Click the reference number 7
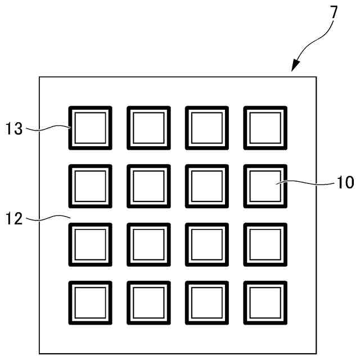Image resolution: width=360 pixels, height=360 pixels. pos(334,11)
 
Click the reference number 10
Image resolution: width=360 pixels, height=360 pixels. pos(345,182)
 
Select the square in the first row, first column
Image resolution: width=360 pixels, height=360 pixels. pos(90,128)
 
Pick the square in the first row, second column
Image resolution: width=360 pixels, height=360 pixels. pos(148,128)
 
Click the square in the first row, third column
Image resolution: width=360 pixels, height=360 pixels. pos(206,128)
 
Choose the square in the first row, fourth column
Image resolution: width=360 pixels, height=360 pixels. pos(265,128)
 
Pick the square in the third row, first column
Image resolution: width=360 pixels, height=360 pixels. pos(90,245)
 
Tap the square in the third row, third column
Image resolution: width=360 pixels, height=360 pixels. pos(206,245)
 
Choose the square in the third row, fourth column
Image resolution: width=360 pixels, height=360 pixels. pos(265,245)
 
